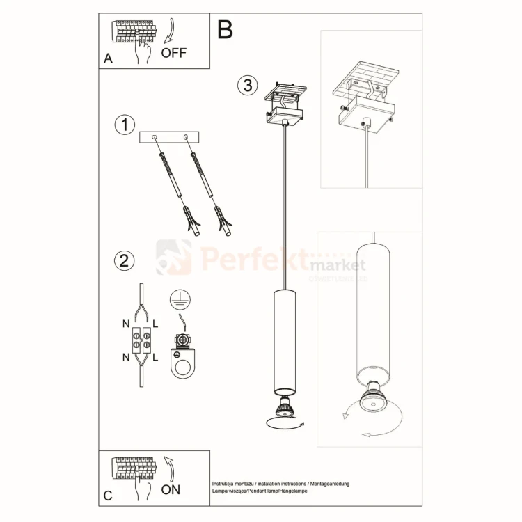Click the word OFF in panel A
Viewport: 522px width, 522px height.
(173, 53)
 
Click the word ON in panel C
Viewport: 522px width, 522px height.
(171, 489)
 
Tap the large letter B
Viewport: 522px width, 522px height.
(225, 29)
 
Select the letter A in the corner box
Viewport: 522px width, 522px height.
(108, 59)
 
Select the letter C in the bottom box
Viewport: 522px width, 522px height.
(108, 496)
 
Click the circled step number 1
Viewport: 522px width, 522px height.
(125, 125)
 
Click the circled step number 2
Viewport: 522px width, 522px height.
(124, 261)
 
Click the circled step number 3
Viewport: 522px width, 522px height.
(246, 86)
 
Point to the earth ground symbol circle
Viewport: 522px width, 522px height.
(180, 298)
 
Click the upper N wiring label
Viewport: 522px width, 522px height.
(125, 323)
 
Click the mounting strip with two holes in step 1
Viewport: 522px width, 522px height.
(170, 137)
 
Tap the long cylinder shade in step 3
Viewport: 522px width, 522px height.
(284, 340)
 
